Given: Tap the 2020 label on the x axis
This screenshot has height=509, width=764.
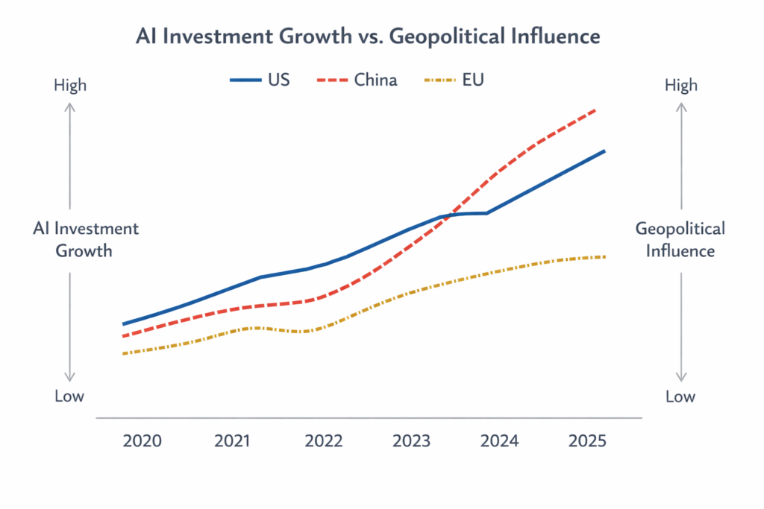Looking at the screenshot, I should click(x=143, y=440).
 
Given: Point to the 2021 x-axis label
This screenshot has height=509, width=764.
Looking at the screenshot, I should click(x=233, y=440).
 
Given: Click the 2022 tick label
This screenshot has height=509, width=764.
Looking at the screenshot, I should click(x=324, y=440).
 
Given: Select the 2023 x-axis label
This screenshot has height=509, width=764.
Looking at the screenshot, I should click(x=412, y=440).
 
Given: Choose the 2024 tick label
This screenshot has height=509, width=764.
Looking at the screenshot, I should click(x=499, y=440).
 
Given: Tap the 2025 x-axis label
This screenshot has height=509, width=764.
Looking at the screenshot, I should click(x=588, y=440).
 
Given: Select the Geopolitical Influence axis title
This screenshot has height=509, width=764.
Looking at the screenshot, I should click(x=680, y=239).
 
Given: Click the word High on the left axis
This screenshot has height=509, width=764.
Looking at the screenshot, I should click(x=69, y=85).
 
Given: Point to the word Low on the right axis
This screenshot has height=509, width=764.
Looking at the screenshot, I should click(x=680, y=396).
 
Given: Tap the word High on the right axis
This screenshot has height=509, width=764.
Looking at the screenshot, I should click(x=680, y=85).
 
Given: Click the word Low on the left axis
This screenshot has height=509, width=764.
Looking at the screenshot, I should click(x=69, y=396).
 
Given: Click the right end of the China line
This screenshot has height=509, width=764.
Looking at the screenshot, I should click(x=595, y=110).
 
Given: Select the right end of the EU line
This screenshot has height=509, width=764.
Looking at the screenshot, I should click(x=604, y=256).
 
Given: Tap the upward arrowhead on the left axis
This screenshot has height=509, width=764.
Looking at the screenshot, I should click(x=69, y=107).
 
